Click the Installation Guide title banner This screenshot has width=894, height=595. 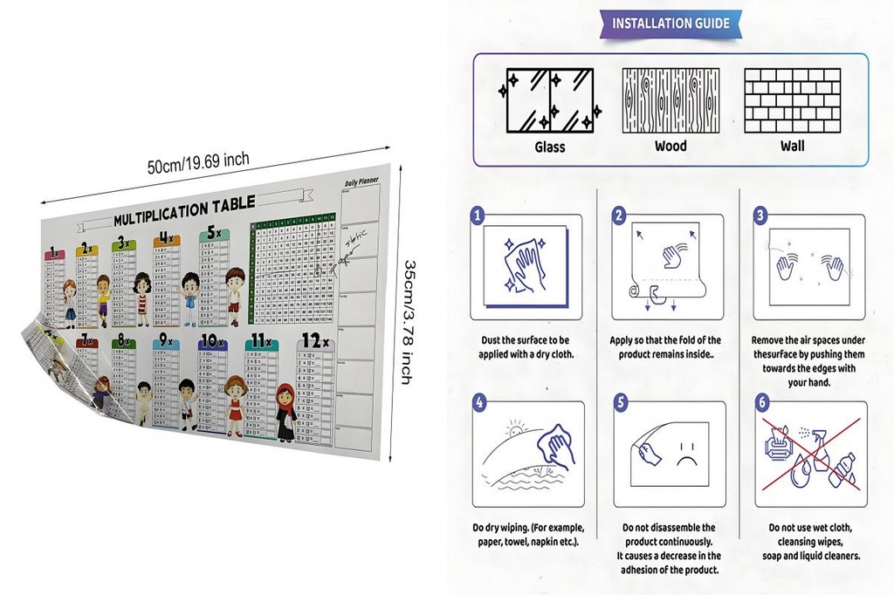tap(670, 24)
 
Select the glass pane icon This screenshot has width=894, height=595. tap(549, 99)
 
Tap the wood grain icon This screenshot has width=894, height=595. tap(670, 100)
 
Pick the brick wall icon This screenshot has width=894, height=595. tap(792, 100)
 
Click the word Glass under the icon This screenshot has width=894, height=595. tap(549, 147)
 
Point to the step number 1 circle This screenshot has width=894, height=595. tap(478, 215)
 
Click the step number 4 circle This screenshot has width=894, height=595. tap(478, 402)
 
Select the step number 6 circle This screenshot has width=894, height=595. tap(761, 402)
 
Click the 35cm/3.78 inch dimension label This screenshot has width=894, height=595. tap(406, 319)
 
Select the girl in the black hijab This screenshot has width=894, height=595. tap(285, 412)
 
